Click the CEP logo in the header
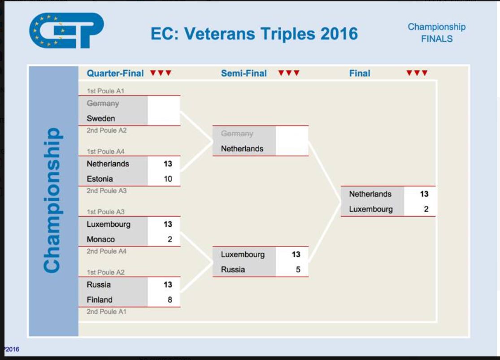click(x=66, y=30)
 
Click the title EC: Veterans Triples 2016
click(x=254, y=34)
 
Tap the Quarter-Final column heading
click(x=115, y=74)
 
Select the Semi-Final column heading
click(x=243, y=74)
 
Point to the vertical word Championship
click(x=52, y=200)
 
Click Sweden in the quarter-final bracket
click(x=101, y=118)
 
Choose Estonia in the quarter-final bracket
click(x=100, y=179)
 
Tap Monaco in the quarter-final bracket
click(x=101, y=239)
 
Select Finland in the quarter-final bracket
click(x=100, y=300)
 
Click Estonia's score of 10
click(x=168, y=179)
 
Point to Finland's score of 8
click(x=170, y=300)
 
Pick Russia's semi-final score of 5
click(x=298, y=269)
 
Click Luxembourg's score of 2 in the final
click(x=426, y=209)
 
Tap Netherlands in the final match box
click(x=370, y=194)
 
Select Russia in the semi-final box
click(x=233, y=269)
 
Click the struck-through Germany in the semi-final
click(x=237, y=134)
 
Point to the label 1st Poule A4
click(x=105, y=152)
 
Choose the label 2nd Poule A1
click(x=107, y=312)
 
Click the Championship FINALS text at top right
click(x=436, y=33)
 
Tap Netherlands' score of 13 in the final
click(x=424, y=194)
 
